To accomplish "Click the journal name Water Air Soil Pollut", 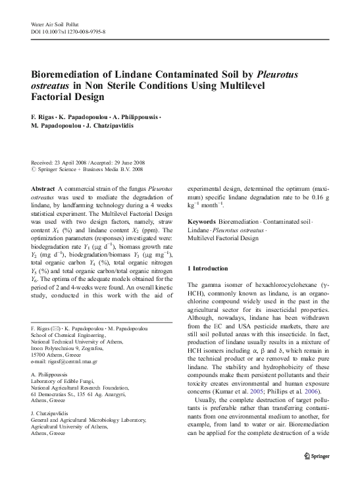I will [55, 24].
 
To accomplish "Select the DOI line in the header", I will [68, 32].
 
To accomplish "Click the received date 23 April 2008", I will [72, 163].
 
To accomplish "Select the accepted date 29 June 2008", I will [135, 163].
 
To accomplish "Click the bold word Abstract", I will [43, 188].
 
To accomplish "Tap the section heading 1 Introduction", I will [208, 268].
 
